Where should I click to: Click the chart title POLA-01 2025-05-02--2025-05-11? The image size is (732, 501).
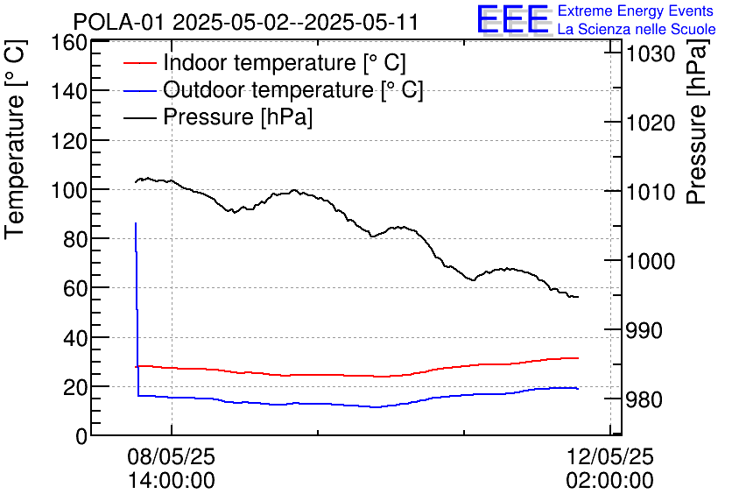coord(245,22)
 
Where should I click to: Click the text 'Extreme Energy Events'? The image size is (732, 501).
coord(637,11)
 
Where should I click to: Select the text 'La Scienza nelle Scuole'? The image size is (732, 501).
coord(637,30)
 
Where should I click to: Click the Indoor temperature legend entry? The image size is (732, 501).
coord(284,63)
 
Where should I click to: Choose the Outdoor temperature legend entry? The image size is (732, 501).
coord(292,89)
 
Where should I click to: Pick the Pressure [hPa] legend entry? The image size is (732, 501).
coord(237,116)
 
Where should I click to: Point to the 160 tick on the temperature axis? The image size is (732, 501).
coord(69,43)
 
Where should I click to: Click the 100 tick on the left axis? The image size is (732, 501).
coord(69,190)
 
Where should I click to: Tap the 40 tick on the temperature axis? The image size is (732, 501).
coord(74,337)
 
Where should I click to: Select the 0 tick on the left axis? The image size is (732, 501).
coord(81,435)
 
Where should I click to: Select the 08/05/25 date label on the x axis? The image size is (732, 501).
coord(172,457)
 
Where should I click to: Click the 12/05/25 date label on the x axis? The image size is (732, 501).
coord(609,457)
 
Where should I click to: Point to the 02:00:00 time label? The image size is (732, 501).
coord(609,481)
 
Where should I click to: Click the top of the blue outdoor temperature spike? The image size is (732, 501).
coord(136,223)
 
